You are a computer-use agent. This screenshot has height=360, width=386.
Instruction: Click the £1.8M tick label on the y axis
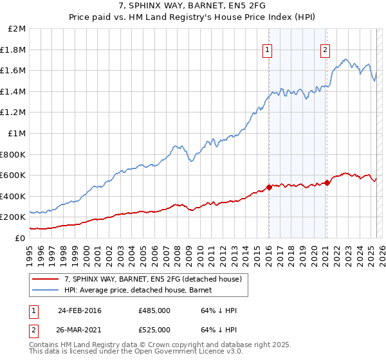13,50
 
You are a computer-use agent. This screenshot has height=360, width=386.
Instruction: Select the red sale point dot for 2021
327,183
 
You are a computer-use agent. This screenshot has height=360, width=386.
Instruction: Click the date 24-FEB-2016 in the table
79,310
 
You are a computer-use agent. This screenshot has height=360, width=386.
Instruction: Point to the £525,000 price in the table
154,330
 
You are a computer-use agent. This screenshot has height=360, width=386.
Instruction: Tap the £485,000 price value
154,310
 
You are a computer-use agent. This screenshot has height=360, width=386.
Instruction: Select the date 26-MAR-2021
80,330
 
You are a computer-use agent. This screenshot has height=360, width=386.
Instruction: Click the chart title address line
192,6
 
